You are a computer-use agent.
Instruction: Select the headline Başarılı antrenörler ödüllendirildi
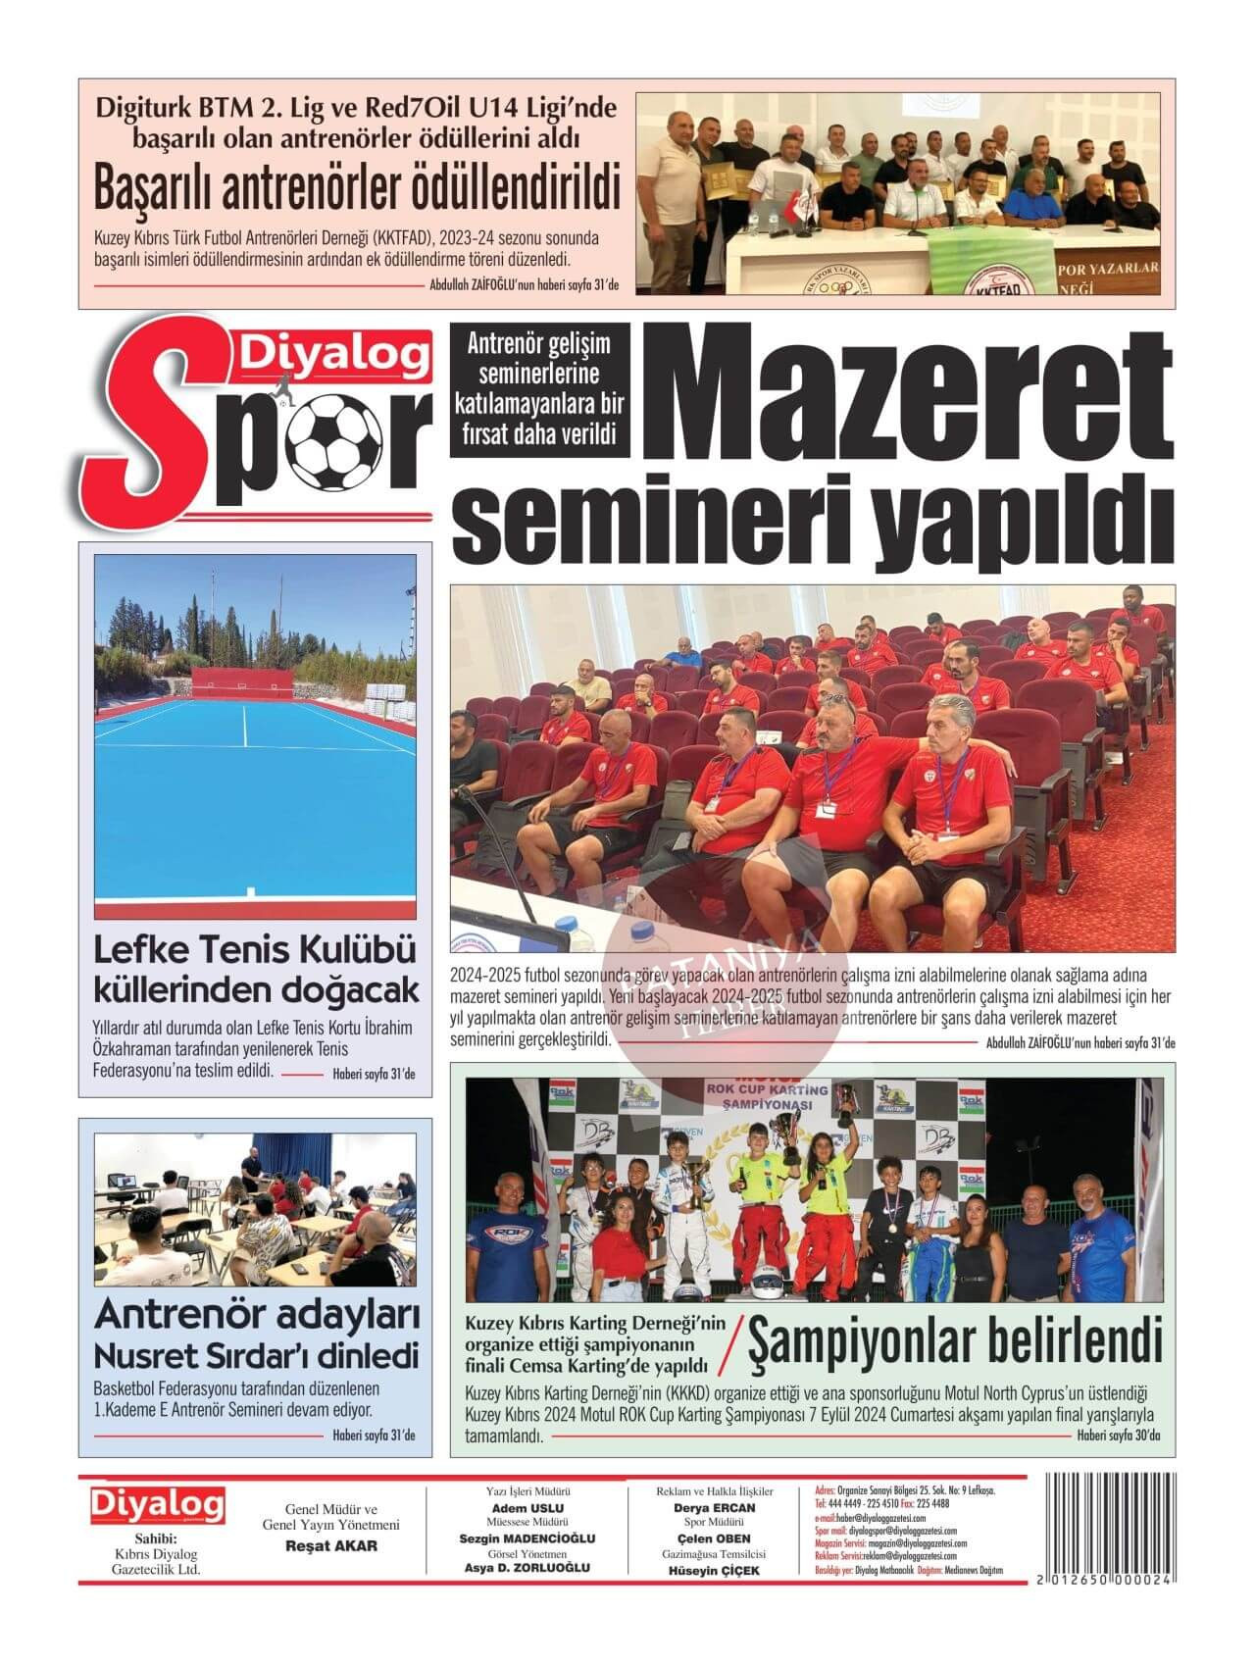click(357, 188)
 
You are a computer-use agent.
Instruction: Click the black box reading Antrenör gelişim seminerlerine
click(538, 389)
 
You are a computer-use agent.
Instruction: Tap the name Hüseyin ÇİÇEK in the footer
click(714, 1570)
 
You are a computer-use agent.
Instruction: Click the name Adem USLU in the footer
click(527, 1508)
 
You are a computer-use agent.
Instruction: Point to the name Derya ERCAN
click(714, 1508)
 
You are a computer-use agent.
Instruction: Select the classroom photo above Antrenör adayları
click(255, 1209)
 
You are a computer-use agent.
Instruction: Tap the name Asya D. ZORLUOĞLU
click(527, 1568)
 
